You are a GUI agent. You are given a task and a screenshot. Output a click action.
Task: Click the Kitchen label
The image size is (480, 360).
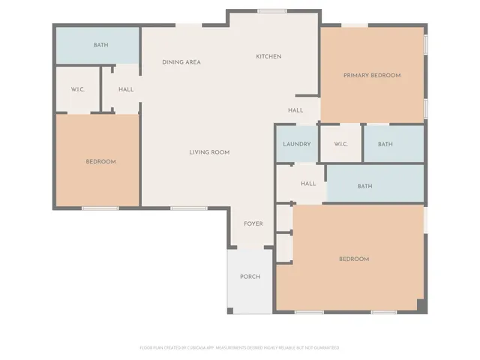[x=268, y=57]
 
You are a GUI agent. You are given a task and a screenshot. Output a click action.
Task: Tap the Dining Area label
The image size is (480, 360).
[x=181, y=62]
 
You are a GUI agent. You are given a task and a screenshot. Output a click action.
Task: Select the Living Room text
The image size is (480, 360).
[x=208, y=152]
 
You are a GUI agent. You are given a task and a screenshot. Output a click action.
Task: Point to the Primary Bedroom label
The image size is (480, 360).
[x=372, y=76]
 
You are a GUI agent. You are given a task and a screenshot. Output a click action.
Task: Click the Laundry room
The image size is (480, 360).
[x=296, y=144]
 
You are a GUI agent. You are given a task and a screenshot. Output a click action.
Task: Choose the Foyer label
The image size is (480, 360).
[x=253, y=224]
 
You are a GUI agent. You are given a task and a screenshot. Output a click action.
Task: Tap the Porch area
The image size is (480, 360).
[x=250, y=277]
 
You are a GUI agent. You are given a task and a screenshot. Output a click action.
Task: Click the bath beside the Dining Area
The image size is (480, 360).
[x=100, y=46]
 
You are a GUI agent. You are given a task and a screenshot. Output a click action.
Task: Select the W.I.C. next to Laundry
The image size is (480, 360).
[x=340, y=144]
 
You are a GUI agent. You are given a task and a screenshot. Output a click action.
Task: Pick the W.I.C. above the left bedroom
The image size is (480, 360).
[x=78, y=90]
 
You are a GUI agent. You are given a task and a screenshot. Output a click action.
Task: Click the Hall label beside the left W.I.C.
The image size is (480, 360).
[x=126, y=90]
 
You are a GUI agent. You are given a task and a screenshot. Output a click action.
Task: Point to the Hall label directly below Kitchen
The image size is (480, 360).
[x=295, y=111]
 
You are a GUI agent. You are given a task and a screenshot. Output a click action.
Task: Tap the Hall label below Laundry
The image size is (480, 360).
[x=308, y=184]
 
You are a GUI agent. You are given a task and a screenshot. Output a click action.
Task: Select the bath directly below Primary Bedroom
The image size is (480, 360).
[x=385, y=144]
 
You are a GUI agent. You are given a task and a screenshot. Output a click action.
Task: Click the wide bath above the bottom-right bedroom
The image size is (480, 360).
[x=364, y=187]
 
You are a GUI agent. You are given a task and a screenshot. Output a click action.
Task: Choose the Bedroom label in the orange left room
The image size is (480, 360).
[x=100, y=162]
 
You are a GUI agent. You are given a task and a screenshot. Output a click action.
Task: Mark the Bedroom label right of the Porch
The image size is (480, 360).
[x=354, y=259]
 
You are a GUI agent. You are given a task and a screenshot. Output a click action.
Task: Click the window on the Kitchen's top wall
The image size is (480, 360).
[x=268, y=10]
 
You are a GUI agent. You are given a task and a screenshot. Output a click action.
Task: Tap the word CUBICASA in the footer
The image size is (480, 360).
[x=203, y=348]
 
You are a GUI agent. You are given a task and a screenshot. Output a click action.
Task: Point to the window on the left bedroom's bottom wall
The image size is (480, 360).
[x=100, y=208]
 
